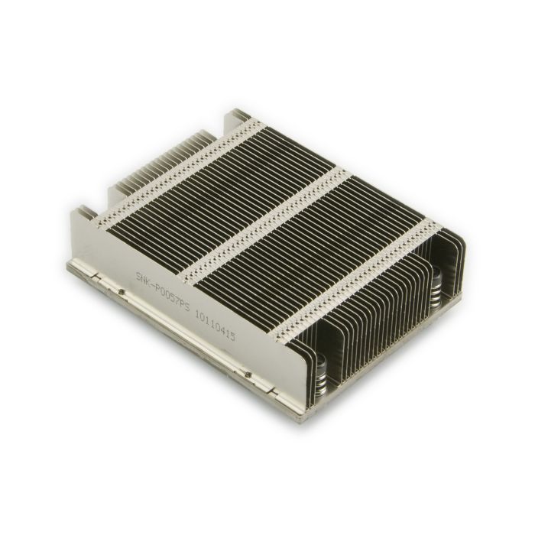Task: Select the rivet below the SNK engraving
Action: [122, 290]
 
